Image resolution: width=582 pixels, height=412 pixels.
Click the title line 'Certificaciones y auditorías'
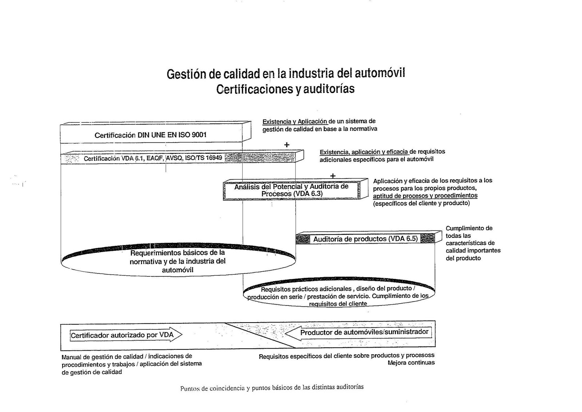285,89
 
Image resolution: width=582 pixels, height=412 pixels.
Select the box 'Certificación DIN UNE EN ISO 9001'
151,135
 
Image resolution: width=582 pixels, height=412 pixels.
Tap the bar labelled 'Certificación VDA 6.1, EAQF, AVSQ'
153,158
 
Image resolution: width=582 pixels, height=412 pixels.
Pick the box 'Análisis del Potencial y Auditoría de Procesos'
291,190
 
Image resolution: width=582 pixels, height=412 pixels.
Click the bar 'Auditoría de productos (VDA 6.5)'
365,239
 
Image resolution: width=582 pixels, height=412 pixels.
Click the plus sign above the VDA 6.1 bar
287,145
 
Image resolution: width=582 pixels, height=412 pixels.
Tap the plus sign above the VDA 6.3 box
332,176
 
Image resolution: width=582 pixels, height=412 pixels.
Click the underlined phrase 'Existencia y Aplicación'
295,121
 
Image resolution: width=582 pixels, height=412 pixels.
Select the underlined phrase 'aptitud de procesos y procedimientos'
425,196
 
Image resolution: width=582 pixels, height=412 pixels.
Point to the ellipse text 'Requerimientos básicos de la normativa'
178,261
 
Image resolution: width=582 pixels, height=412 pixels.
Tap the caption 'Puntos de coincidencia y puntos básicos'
272,388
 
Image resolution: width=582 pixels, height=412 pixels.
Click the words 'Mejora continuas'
411,363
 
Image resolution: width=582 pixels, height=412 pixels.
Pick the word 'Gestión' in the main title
187,74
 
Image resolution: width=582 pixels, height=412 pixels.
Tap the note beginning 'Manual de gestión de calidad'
131,364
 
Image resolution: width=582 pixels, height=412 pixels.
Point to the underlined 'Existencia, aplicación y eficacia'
364,152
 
